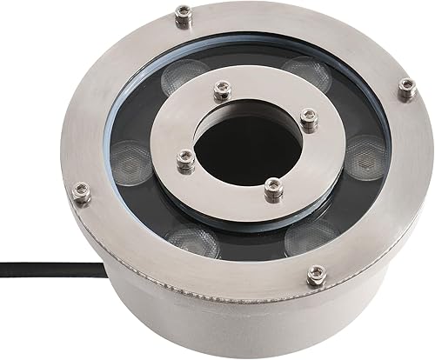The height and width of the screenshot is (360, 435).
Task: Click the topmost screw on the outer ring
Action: click(x=184, y=13)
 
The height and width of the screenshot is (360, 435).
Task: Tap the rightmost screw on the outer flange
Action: click(x=407, y=85)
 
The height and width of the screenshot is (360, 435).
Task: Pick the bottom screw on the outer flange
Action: click(x=317, y=275)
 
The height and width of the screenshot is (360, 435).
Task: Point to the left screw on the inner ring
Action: click(x=184, y=158)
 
